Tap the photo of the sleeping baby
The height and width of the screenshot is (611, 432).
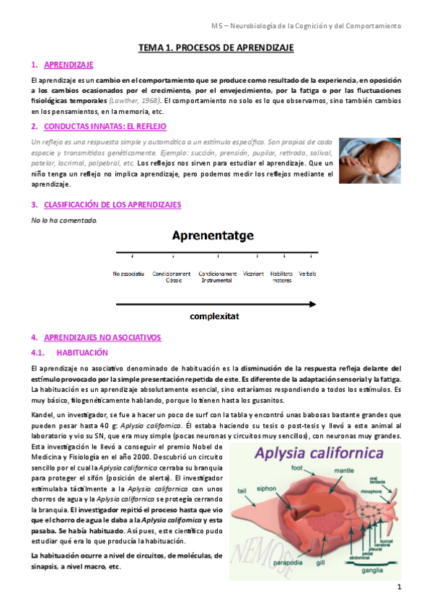(369, 160)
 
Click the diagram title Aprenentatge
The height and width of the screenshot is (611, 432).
(216, 235)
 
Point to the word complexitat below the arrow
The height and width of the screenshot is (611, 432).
(216, 316)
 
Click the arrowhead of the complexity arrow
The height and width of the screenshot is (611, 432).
(312, 304)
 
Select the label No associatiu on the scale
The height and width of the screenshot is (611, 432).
(128, 274)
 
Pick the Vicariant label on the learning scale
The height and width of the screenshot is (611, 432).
(253, 274)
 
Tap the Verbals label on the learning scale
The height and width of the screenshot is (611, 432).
(308, 274)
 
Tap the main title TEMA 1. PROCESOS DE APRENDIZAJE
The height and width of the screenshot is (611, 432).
(216, 48)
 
